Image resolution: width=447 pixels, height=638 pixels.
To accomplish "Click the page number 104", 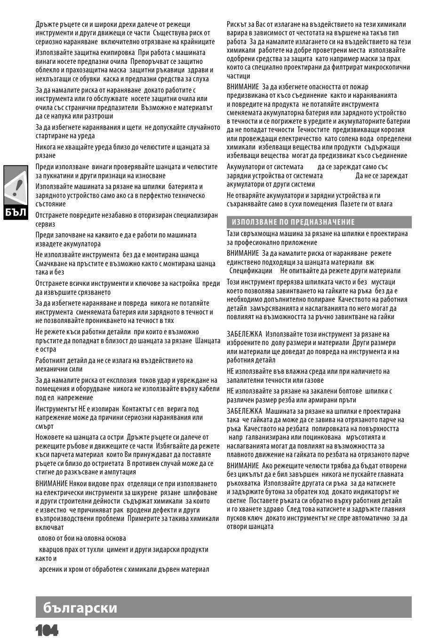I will (46, 630).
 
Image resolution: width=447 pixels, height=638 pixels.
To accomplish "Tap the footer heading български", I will (80, 607).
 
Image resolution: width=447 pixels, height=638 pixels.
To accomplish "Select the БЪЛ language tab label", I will (16, 212).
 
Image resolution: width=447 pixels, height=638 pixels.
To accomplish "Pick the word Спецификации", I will (251, 271).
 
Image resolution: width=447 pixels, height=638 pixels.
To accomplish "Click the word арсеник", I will (50, 569).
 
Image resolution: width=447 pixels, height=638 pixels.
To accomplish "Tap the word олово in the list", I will (48, 538).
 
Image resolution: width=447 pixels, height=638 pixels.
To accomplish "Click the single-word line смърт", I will (45, 426).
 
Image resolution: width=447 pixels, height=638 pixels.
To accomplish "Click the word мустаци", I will (383, 282).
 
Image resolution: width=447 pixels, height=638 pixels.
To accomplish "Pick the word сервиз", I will (45, 224).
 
